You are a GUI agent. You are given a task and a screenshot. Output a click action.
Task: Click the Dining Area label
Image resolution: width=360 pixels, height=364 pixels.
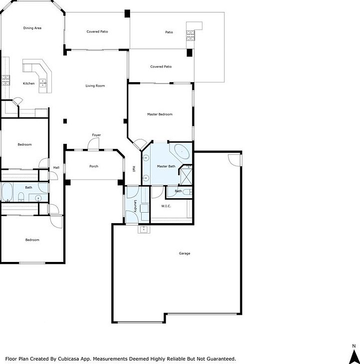pos(32,28)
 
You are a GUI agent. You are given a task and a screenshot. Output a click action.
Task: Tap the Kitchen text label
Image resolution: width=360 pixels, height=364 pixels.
pos(29,83)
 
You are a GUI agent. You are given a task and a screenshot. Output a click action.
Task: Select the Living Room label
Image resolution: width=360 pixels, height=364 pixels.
pos(95,86)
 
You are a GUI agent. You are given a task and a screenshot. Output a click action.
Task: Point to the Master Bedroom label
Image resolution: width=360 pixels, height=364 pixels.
pos(160,114)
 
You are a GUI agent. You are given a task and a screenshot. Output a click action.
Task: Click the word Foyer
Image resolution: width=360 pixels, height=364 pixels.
pos(96,135)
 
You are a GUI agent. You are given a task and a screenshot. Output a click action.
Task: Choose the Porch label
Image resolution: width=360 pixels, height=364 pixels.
pos(94,166)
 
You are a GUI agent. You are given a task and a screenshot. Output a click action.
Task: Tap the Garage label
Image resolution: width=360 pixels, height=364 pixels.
pos(184,253)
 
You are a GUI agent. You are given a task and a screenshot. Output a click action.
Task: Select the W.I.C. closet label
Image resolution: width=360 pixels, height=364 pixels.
pos(166,206)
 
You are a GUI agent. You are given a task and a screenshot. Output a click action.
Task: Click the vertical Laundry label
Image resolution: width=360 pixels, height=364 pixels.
pos(135,206)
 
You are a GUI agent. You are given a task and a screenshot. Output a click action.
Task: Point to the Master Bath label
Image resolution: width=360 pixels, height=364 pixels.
pos(166,166)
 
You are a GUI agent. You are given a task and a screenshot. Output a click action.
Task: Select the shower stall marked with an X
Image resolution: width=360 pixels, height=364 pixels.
pos(186,175)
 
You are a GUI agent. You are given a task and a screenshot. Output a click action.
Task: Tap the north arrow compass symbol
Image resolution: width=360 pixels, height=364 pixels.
pos(354,355)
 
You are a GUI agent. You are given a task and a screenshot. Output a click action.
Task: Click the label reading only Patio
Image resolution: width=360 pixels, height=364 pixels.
pos(169,32)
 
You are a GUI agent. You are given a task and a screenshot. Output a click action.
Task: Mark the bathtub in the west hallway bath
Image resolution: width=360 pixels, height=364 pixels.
pos(7,191)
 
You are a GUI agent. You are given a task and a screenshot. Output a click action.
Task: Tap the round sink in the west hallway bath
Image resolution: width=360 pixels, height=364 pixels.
pos(38,198)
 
